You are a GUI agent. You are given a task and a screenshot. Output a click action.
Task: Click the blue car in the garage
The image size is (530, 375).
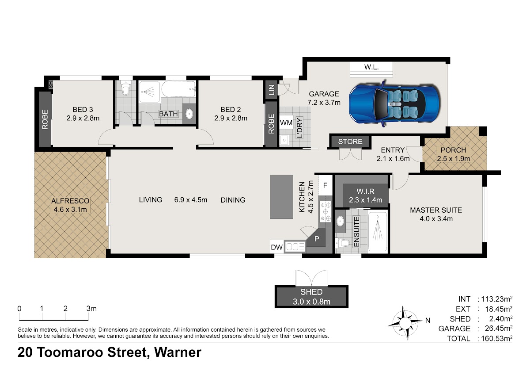tap(394, 104)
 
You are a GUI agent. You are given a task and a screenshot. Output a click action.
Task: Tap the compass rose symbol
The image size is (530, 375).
tap(405, 322)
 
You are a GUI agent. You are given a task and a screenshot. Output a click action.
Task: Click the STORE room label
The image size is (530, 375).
tap(350, 142)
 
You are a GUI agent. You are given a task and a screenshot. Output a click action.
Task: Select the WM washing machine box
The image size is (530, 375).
tap(286, 122)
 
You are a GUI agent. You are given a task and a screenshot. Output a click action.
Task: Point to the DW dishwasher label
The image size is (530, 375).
tap(276, 247)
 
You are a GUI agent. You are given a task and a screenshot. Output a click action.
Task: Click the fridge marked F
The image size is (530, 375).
tap(326, 185)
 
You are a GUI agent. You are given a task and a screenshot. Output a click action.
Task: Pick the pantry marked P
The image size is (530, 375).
tap(317, 239)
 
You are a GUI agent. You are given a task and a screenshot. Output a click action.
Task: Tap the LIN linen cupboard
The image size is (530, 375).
tap(272, 90)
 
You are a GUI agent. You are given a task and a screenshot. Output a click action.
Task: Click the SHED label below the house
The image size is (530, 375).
tap(311, 292)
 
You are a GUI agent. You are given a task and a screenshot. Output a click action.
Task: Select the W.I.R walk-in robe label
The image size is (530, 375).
tap(365, 191)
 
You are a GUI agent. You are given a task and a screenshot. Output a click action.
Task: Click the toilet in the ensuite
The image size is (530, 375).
tap(342, 243)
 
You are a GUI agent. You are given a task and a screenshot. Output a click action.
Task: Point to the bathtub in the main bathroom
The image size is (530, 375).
tap(178, 89)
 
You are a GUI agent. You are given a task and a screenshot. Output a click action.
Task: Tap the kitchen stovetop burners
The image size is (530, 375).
tap(326, 211)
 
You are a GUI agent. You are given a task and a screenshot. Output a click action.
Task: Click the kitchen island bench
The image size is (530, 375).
tap(282, 197)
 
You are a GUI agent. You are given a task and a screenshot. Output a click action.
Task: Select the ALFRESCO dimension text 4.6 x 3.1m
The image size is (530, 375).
tap(70, 210)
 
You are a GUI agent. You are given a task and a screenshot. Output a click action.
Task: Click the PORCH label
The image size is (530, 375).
tap(453, 150)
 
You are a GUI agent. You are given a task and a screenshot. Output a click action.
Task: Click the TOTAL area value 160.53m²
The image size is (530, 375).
tap(496, 338)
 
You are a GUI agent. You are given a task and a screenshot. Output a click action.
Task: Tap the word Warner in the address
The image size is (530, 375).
tap(178, 352)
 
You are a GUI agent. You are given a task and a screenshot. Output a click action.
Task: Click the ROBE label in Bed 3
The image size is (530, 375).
tap(45, 119)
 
